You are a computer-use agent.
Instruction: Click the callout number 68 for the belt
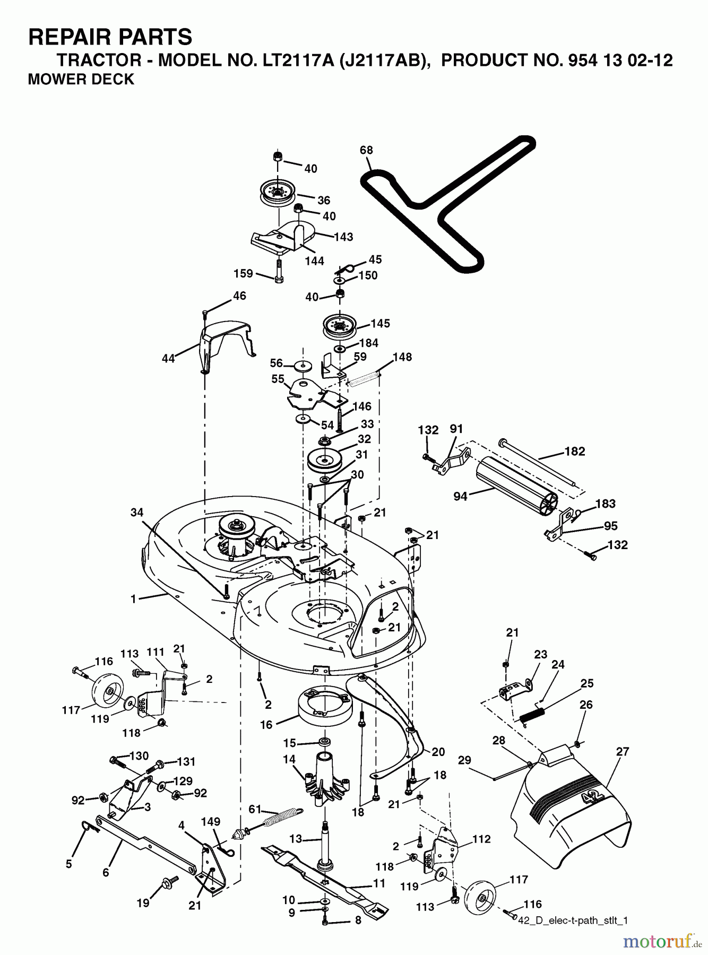coord(366,150)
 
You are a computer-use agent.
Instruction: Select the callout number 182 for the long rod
coord(574,451)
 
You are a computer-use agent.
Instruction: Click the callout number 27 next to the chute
coord(622,751)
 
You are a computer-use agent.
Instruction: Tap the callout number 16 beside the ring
coord(266,724)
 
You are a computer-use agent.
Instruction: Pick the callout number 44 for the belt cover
coord(168,359)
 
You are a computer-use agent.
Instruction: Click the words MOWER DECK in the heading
coord(81,80)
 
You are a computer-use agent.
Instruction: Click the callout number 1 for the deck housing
coord(134,599)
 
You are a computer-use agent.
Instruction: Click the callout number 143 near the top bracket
coord(343,237)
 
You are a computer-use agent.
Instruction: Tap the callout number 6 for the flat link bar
coord(106,872)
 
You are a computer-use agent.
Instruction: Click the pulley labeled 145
coord(339,324)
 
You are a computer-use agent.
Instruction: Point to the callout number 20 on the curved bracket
coord(438,751)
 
